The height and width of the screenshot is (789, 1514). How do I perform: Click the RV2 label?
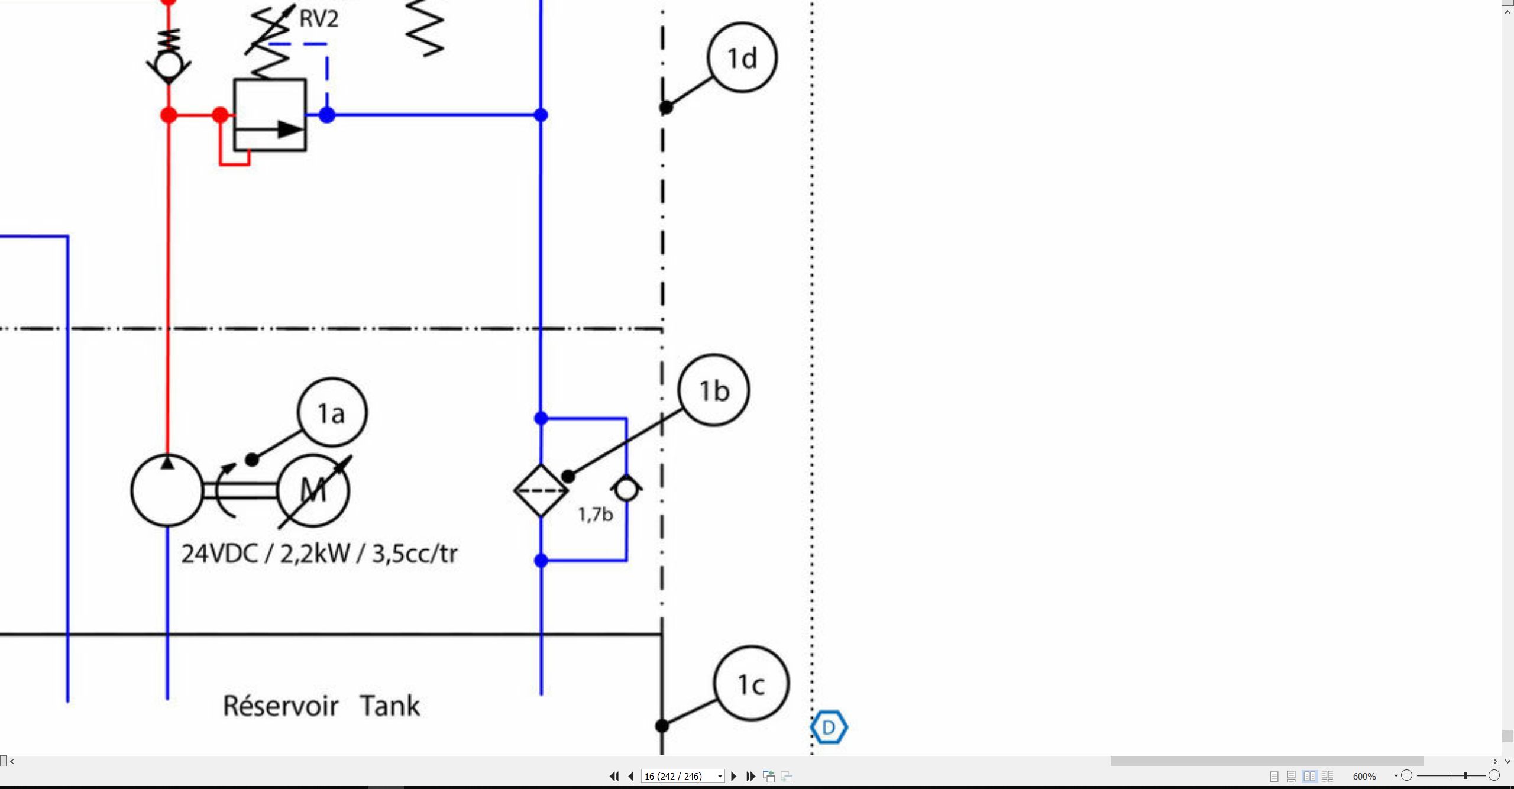319,19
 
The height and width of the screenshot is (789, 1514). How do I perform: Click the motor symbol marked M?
313,490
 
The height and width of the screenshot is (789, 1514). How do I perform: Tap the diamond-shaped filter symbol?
541,490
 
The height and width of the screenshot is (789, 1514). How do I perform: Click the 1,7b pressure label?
596,515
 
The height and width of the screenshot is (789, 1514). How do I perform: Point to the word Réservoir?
280,706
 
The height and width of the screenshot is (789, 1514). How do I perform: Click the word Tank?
390,706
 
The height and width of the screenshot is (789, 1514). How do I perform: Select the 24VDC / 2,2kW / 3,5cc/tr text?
319,554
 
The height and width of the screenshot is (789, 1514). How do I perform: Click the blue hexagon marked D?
829,727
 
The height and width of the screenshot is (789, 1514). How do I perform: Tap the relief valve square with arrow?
270,115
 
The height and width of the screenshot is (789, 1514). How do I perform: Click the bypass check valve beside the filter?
626,489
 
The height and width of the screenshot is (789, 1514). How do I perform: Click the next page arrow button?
734,776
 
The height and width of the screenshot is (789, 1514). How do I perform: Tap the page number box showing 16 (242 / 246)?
682,776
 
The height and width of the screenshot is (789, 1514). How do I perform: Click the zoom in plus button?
1494,775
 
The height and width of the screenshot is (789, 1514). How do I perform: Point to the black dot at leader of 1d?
666,108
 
